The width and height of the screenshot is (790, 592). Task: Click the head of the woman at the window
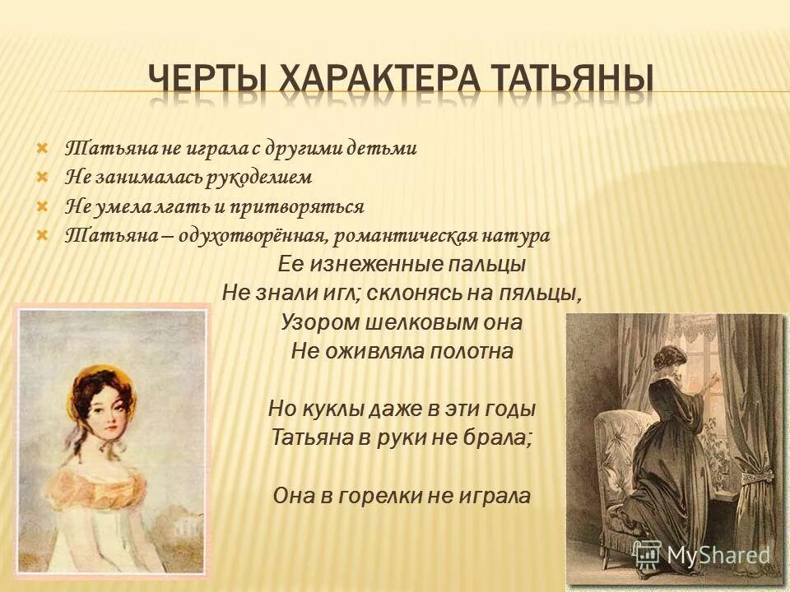click(x=667, y=362)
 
